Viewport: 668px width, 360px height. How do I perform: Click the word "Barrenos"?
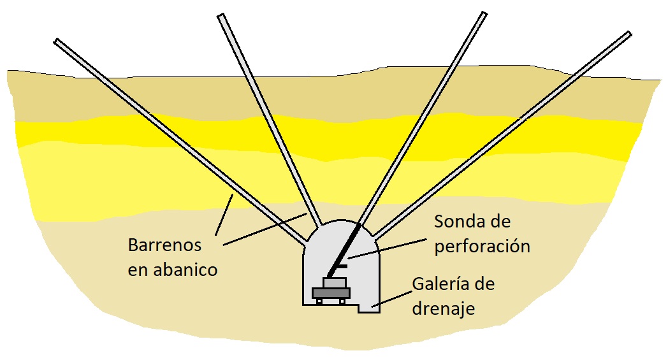pyautogui.click(x=164, y=245)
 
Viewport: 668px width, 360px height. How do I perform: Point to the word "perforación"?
pyautogui.click(x=482, y=247)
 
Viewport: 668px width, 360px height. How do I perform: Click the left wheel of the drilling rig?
pyautogui.click(x=319, y=301)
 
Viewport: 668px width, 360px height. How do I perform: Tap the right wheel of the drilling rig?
pyautogui.click(x=342, y=301)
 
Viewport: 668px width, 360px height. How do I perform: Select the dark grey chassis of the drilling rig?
pyautogui.click(x=331, y=292)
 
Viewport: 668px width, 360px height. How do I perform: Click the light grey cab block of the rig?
pyautogui.click(x=335, y=282)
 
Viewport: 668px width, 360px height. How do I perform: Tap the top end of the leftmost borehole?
pyautogui.click(x=57, y=42)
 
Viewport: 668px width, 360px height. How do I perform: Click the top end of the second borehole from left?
pyautogui.click(x=221, y=17)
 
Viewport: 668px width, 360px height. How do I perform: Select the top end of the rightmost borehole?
pyautogui.click(x=628, y=33)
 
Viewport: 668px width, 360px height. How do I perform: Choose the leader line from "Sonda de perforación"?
pyautogui.click(x=389, y=247)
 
